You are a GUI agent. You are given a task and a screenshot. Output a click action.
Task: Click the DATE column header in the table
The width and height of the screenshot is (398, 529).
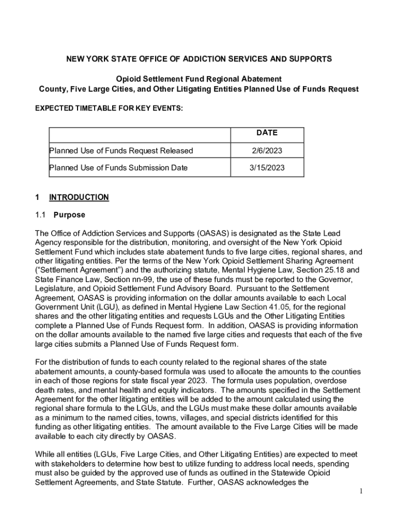[x=267, y=133]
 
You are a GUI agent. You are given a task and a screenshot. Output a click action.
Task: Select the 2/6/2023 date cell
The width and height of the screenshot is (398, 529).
[x=267, y=151]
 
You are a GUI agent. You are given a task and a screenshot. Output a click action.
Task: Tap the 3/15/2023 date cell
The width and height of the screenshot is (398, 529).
[x=267, y=168]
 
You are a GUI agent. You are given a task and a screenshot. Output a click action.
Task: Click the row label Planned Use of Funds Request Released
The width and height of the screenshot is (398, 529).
[x=121, y=151]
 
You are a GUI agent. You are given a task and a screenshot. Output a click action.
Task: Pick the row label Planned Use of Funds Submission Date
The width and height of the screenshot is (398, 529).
[x=118, y=168]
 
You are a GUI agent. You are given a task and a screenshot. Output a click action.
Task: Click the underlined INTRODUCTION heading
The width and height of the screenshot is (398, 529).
[x=79, y=197]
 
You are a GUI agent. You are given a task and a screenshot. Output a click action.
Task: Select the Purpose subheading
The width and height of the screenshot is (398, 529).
[x=69, y=215]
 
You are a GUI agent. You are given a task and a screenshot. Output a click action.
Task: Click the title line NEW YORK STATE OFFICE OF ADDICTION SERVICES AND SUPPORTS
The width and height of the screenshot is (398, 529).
[x=199, y=59]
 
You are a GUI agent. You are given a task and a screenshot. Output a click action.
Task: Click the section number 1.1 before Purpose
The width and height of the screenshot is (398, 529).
[x=41, y=215]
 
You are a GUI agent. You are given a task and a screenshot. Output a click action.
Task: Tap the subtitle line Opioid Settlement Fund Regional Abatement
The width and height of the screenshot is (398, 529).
[x=199, y=79]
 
